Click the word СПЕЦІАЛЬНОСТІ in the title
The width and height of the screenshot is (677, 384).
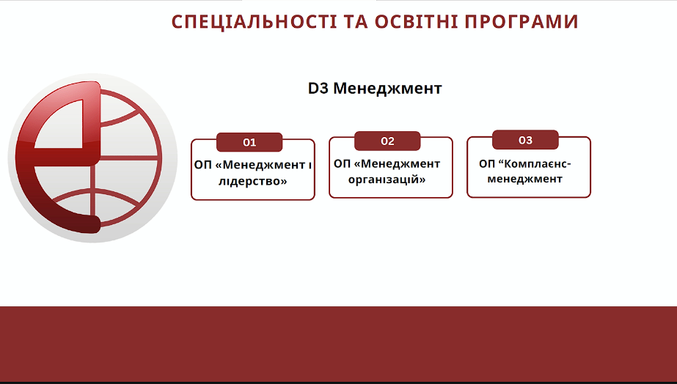click(x=254, y=21)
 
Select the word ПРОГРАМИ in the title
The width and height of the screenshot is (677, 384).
click(x=521, y=21)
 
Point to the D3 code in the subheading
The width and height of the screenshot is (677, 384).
click(x=318, y=89)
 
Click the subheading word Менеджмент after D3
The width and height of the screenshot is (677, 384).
click(x=388, y=89)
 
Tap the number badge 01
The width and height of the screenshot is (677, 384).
click(x=249, y=142)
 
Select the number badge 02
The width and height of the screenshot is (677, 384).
click(x=387, y=141)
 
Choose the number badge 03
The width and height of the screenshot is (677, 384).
click(x=525, y=140)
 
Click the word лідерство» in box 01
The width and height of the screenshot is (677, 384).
click(x=252, y=181)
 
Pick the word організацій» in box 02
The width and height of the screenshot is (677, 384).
click(x=387, y=180)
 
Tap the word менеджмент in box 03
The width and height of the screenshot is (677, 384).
click(x=524, y=179)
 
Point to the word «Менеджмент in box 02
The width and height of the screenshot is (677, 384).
click(x=399, y=164)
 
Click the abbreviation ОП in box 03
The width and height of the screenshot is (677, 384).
click(x=486, y=164)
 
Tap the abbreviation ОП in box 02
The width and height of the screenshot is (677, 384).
click(x=342, y=164)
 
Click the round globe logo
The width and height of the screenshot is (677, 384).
click(x=92, y=158)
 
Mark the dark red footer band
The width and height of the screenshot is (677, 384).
click(x=339, y=344)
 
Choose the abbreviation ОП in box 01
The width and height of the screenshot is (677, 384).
click(x=202, y=165)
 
